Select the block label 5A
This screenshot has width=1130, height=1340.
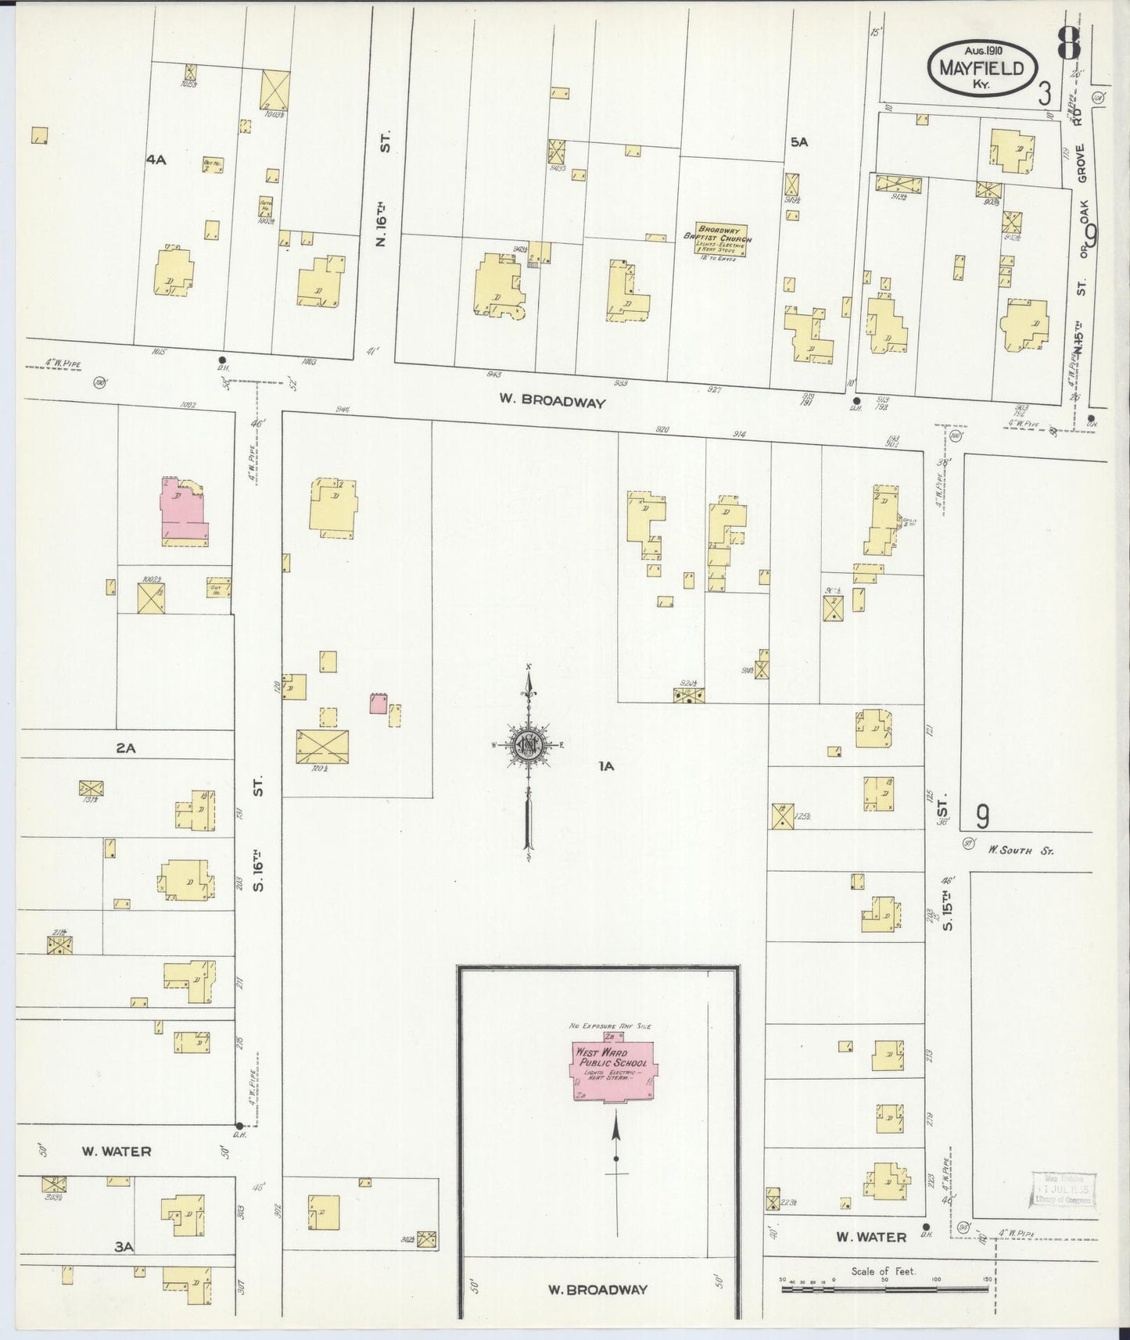798,142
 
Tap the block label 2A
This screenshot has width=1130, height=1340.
126,748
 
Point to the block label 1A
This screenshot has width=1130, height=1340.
606,766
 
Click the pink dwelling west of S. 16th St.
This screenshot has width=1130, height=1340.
184,512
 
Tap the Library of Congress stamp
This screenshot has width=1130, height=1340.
1063,1191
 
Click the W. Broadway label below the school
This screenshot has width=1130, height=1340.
597,1289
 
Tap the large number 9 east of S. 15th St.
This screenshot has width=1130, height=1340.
982,816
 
